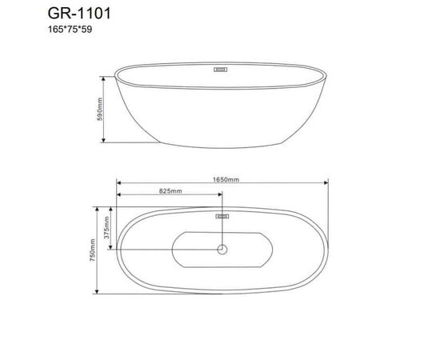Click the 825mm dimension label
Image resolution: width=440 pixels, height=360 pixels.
click(x=170, y=192)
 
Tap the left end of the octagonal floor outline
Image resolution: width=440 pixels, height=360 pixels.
click(x=174, y=250)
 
